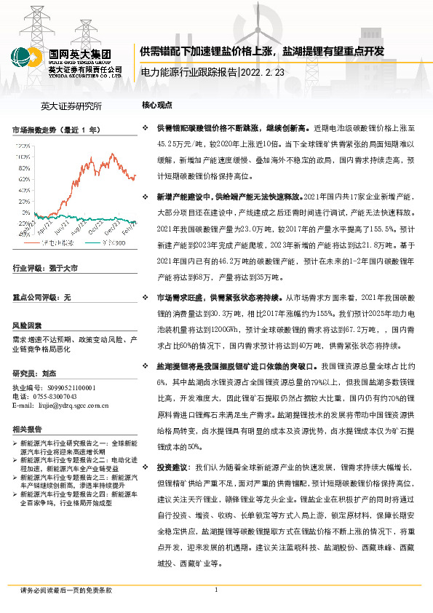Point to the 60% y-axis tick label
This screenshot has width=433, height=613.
(x=23, y=178)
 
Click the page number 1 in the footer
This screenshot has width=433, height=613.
(x=216, y=590)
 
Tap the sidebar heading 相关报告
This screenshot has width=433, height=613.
(x=27, y=429)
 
